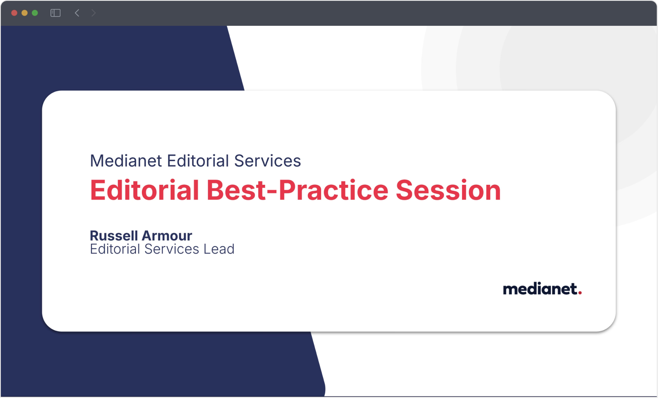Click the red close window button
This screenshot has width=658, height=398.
[14, 13]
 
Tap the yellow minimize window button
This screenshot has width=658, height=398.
[25, 13]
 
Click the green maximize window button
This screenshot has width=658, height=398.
[35, 13]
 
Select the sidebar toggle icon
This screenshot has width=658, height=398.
[55, 13]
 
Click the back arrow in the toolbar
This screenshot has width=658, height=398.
[77, 13]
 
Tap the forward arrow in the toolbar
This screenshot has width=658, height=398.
[94, 13]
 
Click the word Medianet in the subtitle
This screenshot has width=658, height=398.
[126, 161]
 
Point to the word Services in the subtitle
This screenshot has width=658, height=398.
[267, 161]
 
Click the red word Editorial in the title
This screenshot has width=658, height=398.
[144, 190]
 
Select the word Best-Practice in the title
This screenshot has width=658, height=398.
[297, 190]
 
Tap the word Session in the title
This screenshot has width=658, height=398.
[448, 190]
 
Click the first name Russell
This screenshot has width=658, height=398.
[114, 236]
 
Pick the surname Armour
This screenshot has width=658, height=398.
[167, 236]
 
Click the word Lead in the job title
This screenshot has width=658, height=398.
[218, 249]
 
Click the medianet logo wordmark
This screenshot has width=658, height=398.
[539, 289]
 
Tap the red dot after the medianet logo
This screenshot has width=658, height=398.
[580, 292]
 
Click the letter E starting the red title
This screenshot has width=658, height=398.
[97, 190]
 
